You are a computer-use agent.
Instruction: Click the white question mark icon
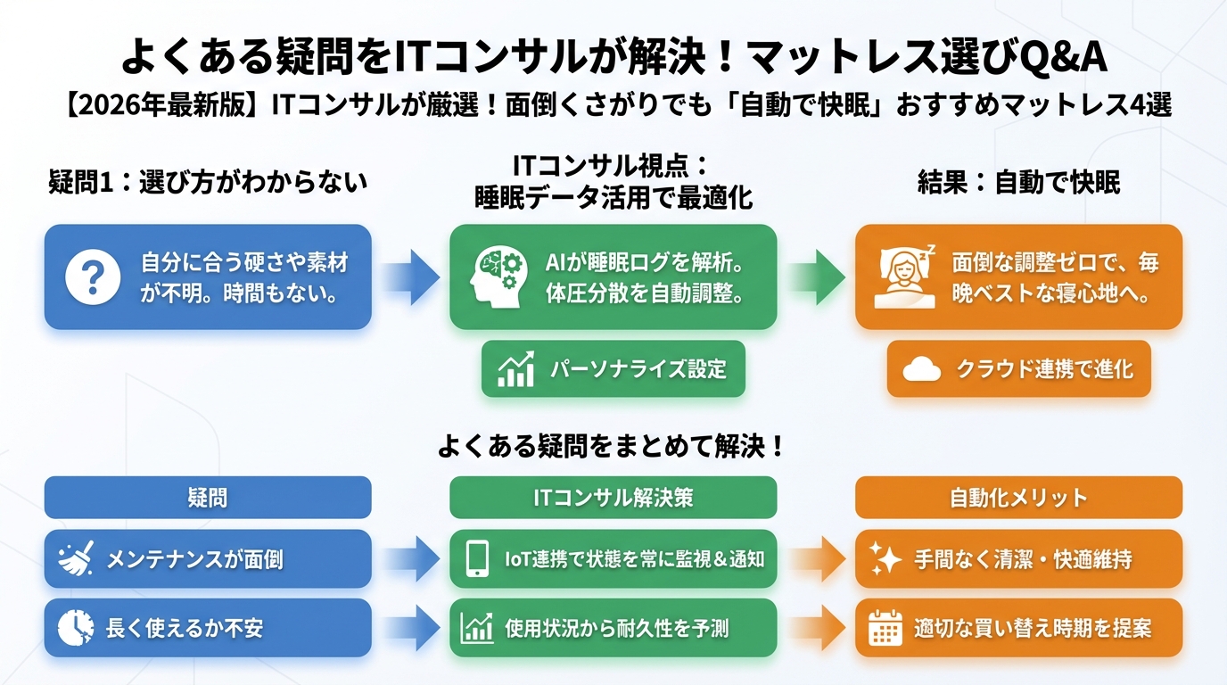click(93, 276)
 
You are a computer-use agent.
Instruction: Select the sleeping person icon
click(903, 275)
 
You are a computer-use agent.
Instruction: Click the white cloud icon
click(921, 369)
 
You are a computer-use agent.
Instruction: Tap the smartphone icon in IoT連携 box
click(476, 559)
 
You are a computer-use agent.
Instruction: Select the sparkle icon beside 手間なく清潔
click(885, 559)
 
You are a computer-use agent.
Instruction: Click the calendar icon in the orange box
click(885, 628)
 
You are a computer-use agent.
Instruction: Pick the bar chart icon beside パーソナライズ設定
click(515, 369)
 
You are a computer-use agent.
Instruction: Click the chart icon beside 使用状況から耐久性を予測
click(477, 628)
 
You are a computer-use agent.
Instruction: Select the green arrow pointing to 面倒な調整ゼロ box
click(816, 276)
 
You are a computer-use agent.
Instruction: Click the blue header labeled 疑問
click(208, 497)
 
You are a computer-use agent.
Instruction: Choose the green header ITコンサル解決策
click(613, 497)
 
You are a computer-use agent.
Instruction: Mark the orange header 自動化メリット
click(1018, 497)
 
